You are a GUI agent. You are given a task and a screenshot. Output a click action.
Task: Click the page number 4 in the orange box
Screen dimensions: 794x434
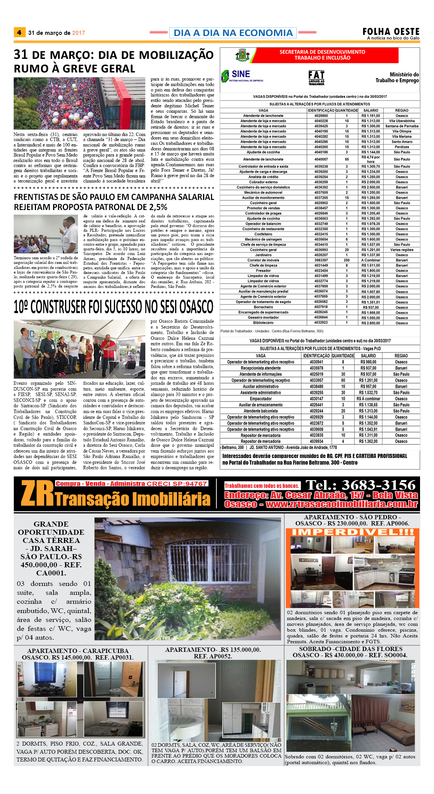click(x=19, y=33)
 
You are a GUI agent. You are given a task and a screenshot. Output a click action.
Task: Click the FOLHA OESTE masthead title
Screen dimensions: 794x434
click(x=391, y=31)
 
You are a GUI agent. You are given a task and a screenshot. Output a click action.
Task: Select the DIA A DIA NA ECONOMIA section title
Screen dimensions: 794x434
click(x=233, y=33)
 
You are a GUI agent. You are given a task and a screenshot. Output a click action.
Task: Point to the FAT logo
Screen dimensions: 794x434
click(x=316, y=77)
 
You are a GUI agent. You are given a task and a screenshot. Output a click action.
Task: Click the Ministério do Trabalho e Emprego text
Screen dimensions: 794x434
click(x=397, y=77)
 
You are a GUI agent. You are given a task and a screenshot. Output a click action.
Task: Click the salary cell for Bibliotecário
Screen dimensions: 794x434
click(x=370, y=323)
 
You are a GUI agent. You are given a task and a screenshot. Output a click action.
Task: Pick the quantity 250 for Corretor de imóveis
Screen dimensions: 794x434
click(x=346, y=260)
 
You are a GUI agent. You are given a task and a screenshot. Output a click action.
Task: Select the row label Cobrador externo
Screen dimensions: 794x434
click(x=263, y=182)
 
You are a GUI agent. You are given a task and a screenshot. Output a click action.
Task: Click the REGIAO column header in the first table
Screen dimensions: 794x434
click(x=401, y=110)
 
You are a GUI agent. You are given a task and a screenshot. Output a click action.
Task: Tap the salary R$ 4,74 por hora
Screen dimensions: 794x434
click(x=370, y=159)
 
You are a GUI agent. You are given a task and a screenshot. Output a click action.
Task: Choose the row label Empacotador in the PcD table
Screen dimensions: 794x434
click(x=260, y=399)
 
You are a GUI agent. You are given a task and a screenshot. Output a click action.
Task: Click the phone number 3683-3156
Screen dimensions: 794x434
click(x=360, y=485)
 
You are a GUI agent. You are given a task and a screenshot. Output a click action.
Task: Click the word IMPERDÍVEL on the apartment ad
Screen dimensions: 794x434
click(x=352, y=532)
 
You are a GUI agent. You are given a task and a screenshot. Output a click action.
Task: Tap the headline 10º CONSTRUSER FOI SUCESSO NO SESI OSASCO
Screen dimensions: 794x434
click(x=114, y=307)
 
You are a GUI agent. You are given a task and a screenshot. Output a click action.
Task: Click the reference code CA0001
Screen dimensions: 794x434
click(x=51, y=573)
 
